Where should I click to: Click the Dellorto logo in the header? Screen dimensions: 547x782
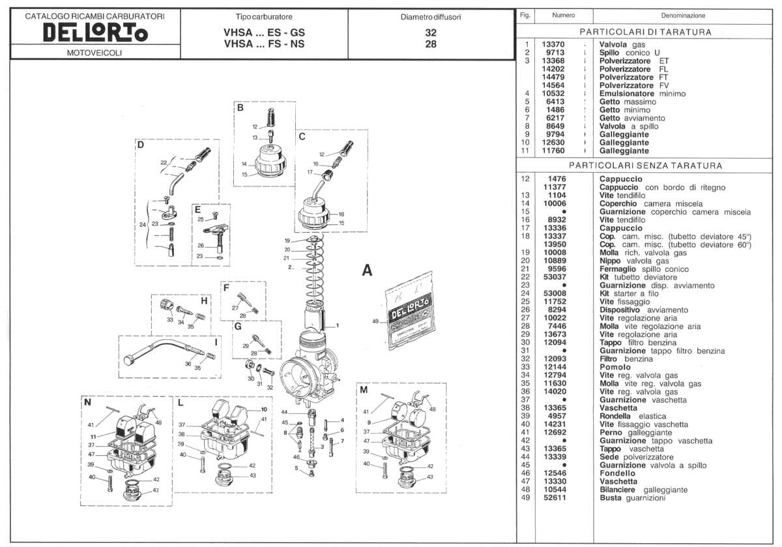tap(94, 33)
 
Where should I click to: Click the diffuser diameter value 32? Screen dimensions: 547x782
tap(430, 33)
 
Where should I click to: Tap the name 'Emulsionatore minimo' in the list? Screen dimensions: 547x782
tap(642, 94)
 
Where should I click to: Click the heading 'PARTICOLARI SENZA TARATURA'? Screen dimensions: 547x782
tap(645, 166)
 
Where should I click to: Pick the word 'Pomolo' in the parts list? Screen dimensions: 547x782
tap(615, 367)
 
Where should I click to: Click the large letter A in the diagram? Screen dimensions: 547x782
tap(368, 270)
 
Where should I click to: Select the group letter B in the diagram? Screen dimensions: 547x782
tap(240, 108)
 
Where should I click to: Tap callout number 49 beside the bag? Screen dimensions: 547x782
tap(375, 321)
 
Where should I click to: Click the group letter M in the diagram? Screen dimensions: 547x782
tap(364, 390)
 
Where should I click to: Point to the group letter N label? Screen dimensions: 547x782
tap(87, 402)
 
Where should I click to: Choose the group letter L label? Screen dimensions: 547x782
tap(181, 402)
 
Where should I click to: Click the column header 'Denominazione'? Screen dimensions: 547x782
tap(683, 16)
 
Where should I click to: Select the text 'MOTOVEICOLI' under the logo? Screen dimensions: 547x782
tap(94, 53)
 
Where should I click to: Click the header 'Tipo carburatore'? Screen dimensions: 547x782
tap(263, 16)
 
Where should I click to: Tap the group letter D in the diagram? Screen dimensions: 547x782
tap(140, 145)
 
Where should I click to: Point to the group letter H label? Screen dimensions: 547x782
tap(204, 301)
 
